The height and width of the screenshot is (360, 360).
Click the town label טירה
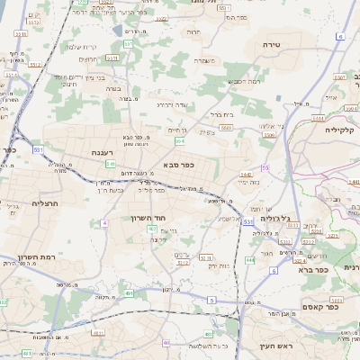[x=274, y=44]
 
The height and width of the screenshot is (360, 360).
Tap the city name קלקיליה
[x=344, y=130]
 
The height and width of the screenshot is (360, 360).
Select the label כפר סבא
[x=180, y=165]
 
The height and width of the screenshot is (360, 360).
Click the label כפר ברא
[x=335, y=268]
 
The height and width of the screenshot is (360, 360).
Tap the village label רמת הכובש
[x=245, y=82]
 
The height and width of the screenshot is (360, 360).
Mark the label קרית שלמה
[x=81, y=47]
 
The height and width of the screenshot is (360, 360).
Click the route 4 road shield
[x=104, y=221]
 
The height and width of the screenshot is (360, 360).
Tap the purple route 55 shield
[x=265, y=168]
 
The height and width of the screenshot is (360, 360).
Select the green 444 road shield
[x=249, y=260]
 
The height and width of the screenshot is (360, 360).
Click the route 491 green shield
[x=130, y=293]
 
